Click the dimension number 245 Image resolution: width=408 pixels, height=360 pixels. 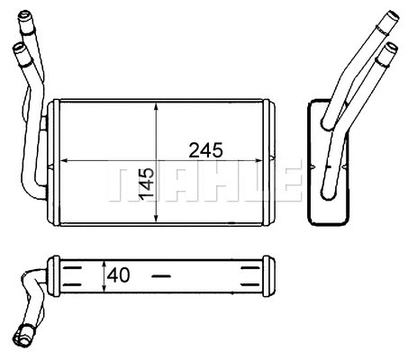[x=204, y=148]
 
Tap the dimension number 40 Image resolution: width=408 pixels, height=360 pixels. [x=119, y=274]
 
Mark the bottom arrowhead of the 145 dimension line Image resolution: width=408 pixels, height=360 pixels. [x=158, y=219]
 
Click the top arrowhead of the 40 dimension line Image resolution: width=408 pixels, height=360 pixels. [x=105, y=263]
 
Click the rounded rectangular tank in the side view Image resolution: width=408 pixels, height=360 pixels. [x=326, y=162]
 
